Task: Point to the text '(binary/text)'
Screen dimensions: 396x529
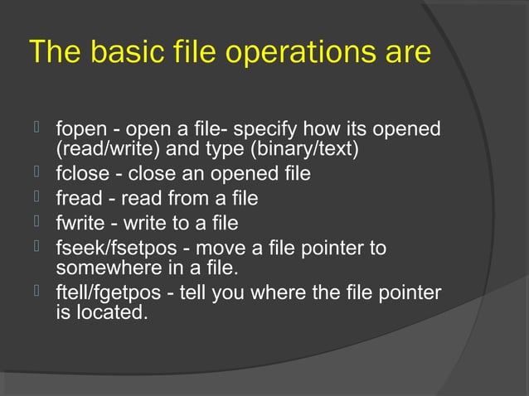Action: tap(306, 151)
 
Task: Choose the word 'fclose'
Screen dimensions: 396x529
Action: tap(80, 174)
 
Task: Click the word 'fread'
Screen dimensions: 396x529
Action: tap(75, 199)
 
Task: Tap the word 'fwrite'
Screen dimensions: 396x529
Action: tap(78, 224)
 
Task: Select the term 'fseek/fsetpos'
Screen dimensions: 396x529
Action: tap(107, 249)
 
